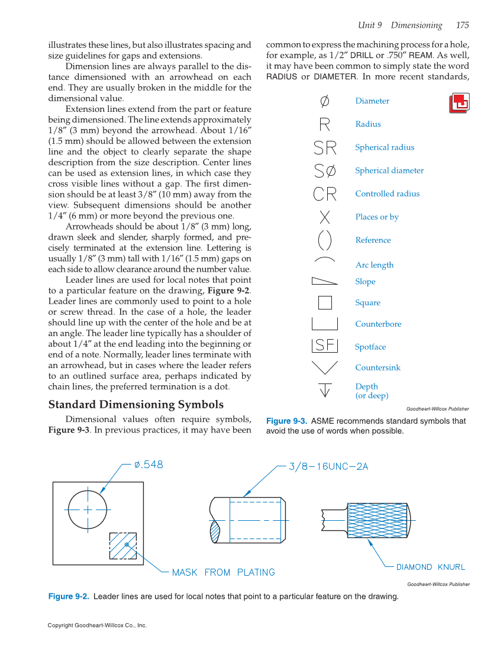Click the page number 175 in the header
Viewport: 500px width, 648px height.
[x=462, y=25]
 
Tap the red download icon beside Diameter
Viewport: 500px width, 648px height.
[x=459, y=103]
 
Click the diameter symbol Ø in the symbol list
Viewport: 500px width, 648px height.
[x=324, y=101]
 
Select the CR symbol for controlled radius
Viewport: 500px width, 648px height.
[x=325, y=194]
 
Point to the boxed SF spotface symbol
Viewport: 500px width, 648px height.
[x=324, y=345]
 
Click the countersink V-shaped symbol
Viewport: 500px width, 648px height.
[x=324, y=367]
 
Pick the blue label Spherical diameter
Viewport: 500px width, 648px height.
[x=389, y=170]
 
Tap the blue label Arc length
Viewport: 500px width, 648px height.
[x=374, y=265]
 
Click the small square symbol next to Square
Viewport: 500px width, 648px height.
[x=325, y=302]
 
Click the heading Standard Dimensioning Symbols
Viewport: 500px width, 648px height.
[x=136, y=405]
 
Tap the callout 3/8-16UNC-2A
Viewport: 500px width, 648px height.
[x=328, y=466]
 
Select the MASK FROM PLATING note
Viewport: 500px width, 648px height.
[x=223, y=572]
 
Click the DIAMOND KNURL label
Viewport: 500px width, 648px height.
[x=430, y=567]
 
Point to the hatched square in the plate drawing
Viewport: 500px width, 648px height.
[x=123, y=546]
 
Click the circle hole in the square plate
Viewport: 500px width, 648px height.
[x=88, y=508]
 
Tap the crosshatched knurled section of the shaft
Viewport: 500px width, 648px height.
[x=377, y=520]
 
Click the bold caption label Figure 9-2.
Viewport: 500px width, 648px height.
[x=68, y=597]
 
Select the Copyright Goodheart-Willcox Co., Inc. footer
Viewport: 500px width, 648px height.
[x=97, y=626]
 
